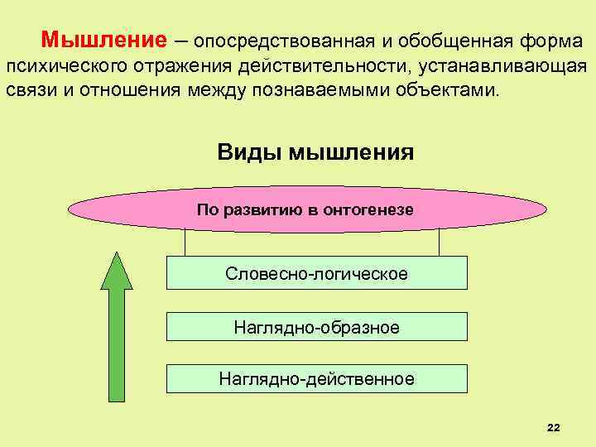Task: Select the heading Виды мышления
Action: pyautogui.click(x=315, y=152)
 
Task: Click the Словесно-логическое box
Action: pyautogui.click(x=316, y=273)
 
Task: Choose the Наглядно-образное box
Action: pyautogui.click(x=316, y=328)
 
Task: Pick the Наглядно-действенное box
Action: pyautogui.click(x=316, y=379)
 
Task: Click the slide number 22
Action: pyautogui.click(x=554, y=426)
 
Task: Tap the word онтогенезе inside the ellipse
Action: pyautogui.click(x=372, y=210)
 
